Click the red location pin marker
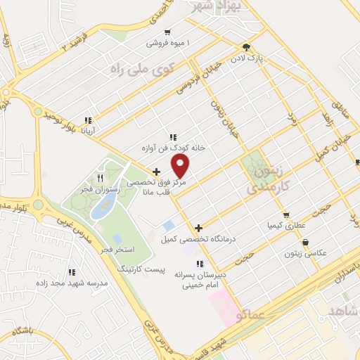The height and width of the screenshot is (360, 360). pyautogui.click(x=181, y=167)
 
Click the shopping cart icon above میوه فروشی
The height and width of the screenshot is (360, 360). pyautogui.click(x=167, y=32)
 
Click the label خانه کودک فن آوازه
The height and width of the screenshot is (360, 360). pyautogui.click(x=172, y=148)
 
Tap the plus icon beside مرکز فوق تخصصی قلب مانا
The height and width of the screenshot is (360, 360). pyautogui.click(x=156, y=171)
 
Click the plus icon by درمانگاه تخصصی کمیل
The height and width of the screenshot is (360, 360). pyautogui.click(x=199, y=228)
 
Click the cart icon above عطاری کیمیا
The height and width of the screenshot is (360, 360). pyautogui.click(x=286, y=215)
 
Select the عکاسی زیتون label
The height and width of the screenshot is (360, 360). pyautogui.click(x=305, y=252)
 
